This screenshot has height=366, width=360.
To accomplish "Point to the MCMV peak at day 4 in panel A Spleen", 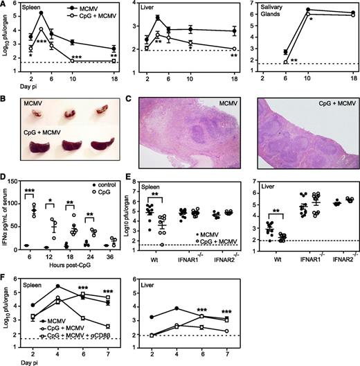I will click(42, 13).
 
